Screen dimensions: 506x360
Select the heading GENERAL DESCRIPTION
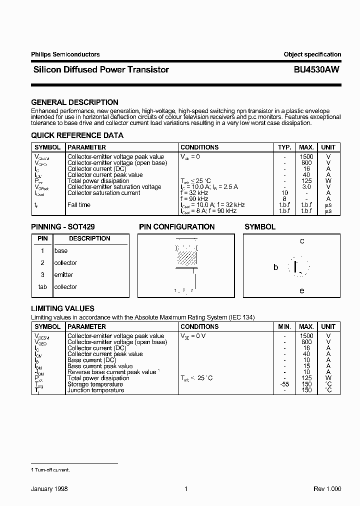75,102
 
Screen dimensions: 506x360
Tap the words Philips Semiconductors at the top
65,54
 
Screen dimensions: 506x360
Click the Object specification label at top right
312,54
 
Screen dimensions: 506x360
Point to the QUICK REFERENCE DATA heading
77,135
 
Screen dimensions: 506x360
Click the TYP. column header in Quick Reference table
284,147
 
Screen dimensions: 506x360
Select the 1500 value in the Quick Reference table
306,157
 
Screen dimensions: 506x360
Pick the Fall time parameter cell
79,205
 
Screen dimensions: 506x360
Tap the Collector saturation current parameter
103,193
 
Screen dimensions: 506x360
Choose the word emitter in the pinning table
63,275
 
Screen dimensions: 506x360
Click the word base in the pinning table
61,251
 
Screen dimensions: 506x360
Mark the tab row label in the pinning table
42,287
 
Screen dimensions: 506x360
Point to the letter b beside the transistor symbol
275,267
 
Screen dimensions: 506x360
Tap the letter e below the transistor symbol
301,290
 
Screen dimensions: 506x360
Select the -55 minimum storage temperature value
284,384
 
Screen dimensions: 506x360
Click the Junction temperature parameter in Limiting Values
95,390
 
